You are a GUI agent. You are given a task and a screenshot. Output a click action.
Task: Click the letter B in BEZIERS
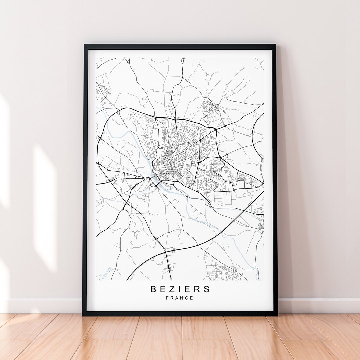153,289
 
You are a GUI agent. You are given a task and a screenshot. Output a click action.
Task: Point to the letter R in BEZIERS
198,289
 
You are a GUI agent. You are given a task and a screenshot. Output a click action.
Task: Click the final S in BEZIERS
207,289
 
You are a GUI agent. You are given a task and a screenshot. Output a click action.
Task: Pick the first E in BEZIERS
163,289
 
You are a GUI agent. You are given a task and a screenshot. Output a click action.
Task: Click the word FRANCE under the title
180,298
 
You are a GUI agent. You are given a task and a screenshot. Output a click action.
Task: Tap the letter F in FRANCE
167,298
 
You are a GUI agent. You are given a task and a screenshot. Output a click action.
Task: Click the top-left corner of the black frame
84,45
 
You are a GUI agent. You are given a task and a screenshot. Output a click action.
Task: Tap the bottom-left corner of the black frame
83,315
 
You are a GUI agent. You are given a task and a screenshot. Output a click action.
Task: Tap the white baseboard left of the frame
43,305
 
